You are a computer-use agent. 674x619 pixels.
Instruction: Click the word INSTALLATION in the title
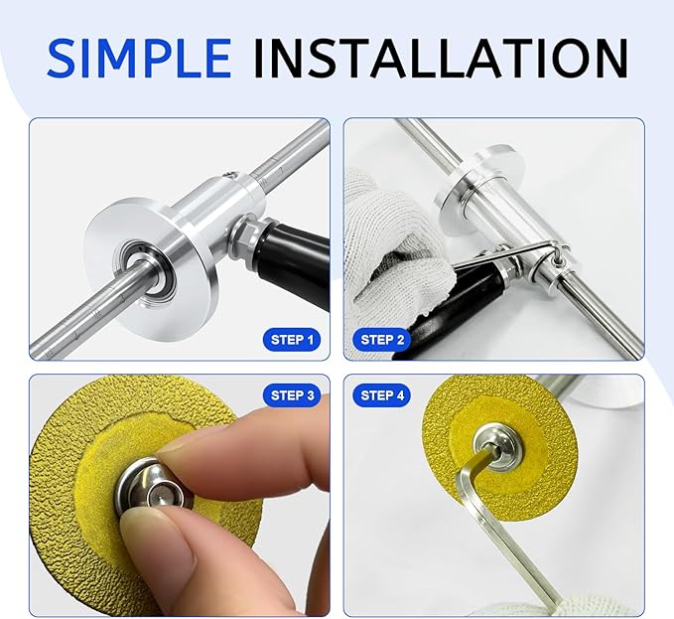(x=440, y=60)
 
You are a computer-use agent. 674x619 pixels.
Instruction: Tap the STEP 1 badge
(x=293, y=340)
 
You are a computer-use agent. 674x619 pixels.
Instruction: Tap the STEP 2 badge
(x=382, y=340)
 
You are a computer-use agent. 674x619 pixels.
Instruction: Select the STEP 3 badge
(x=293, y=395)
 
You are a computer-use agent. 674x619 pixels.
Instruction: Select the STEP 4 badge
(x=382, y=395)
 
